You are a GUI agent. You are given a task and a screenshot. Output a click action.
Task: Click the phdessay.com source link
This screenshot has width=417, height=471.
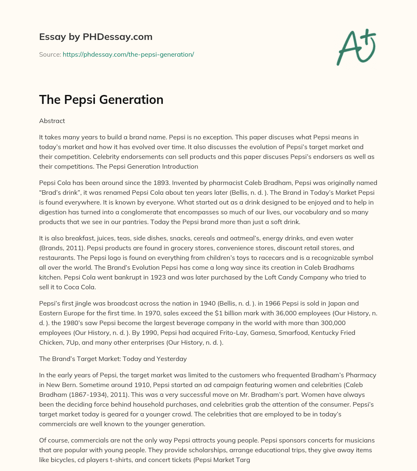[x=128, y=54]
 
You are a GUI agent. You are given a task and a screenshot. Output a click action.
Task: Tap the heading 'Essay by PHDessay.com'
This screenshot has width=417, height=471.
[x=96, y=37]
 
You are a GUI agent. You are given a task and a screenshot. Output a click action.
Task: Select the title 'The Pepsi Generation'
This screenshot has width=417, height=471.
[x=101, y=99]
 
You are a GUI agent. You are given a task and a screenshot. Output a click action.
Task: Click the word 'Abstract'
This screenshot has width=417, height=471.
[x=52, y=121]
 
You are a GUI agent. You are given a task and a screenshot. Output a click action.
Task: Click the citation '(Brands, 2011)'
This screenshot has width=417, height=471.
[x=59, y=248]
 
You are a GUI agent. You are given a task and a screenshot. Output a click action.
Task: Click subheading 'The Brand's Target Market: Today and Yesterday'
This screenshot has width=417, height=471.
[x=113, y=359]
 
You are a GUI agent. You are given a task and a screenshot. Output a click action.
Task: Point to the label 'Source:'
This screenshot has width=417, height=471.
[x=50, y=54]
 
